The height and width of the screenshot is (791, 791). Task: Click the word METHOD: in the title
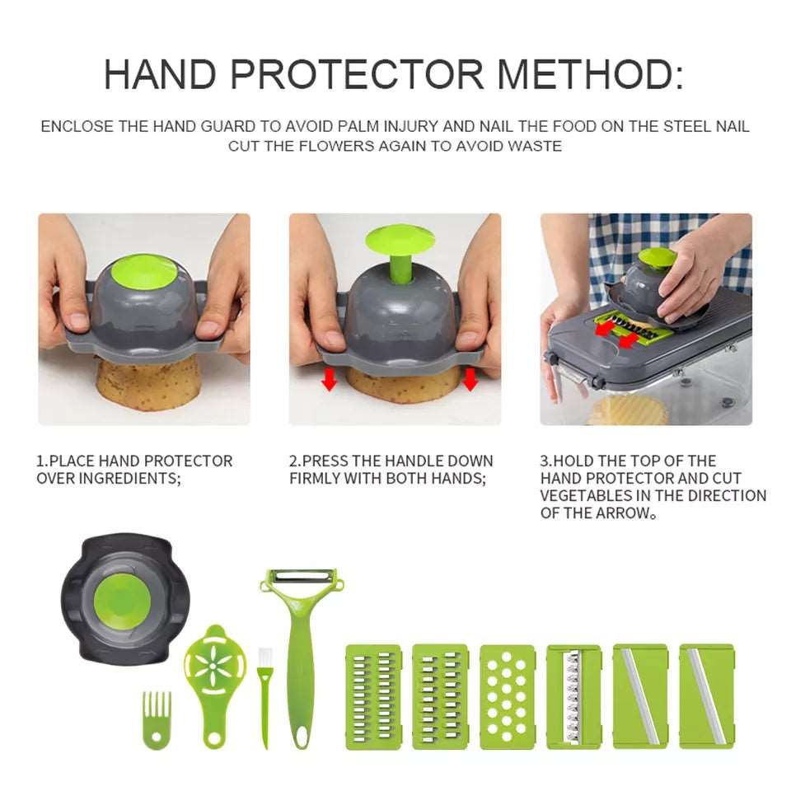(x=590, y=74)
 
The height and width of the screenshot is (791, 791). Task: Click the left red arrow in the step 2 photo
(x=330, y=380)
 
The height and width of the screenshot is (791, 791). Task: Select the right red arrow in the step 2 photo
(x=470, y=380)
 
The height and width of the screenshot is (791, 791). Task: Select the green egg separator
(x=215, y=667)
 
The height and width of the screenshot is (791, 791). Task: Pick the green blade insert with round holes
(x=506, y=696)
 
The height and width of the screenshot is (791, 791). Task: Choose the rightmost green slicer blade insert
(x=706, y=696)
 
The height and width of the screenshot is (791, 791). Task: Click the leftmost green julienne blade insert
(x=372, y=696)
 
